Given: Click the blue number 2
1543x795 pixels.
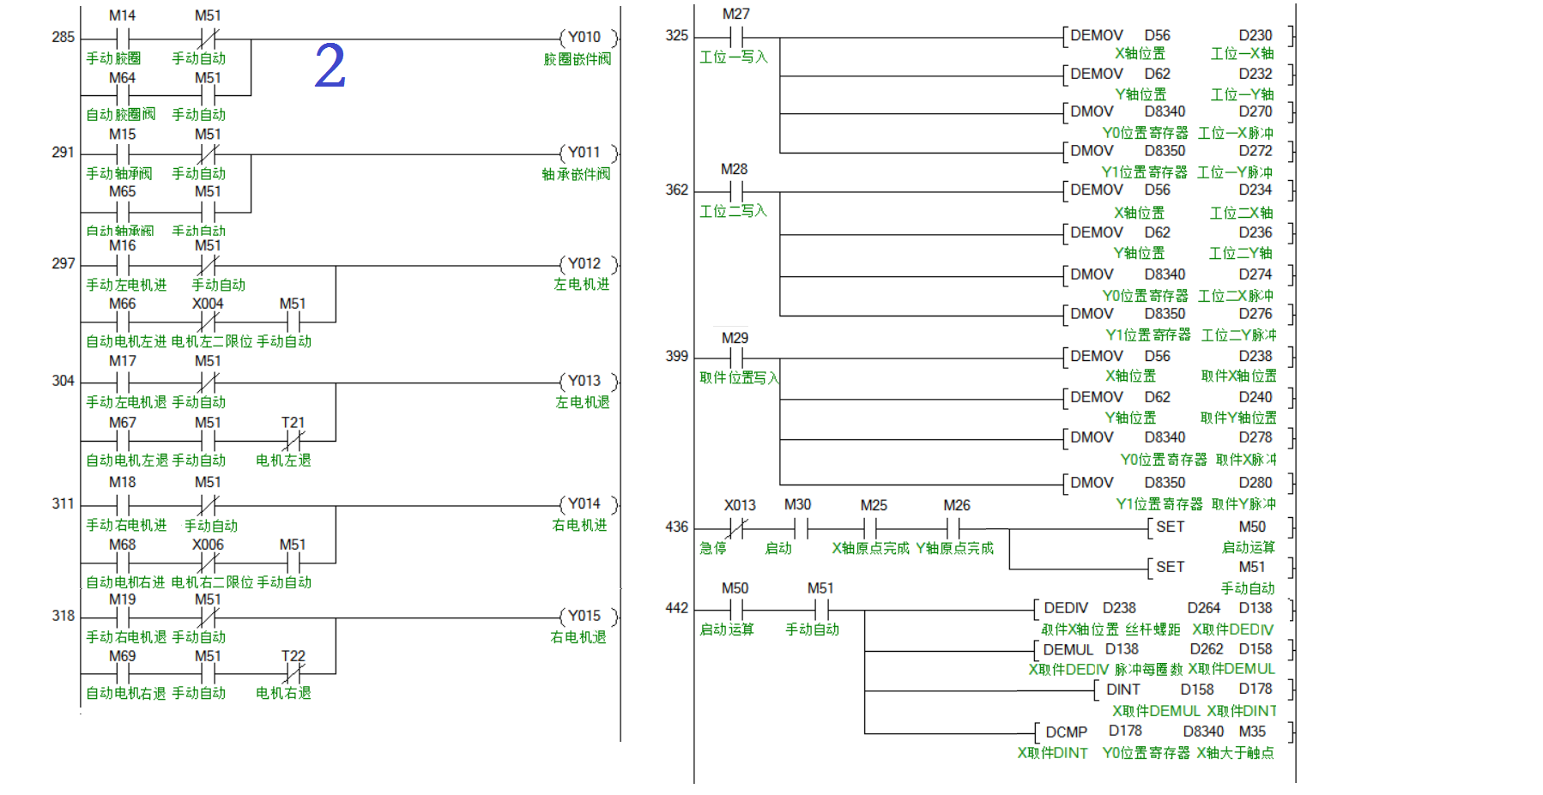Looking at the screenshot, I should point(330,66).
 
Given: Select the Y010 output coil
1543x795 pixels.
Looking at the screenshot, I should point(584,37).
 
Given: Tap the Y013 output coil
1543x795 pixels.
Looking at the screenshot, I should point(584,381).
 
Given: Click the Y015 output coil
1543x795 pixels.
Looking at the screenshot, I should point(584,616).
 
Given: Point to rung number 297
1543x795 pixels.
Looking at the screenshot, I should point(64,263).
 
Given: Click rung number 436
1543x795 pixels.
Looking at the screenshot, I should point(677,527).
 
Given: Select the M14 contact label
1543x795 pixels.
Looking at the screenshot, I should point(122,15).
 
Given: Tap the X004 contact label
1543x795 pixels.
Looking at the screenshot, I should point(208,304).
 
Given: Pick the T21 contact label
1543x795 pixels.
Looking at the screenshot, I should point(293,423).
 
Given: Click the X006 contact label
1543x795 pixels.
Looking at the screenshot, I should point(208,545).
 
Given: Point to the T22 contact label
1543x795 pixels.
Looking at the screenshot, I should point(293,656).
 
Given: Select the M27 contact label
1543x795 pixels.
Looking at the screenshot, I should point(735,14).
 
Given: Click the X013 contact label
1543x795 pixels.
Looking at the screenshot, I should point(740,505).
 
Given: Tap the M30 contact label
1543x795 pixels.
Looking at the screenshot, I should point(797,504).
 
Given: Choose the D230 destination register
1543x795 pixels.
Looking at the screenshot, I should point(1255,35).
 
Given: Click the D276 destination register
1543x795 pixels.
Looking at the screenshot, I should point(1255,314).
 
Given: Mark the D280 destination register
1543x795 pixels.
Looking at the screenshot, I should point(1255,483).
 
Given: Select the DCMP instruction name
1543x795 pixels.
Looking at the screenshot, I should point(1066,732).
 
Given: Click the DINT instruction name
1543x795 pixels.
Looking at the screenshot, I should point(1122,690).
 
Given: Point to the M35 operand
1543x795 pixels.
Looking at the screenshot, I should point(1252,732).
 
